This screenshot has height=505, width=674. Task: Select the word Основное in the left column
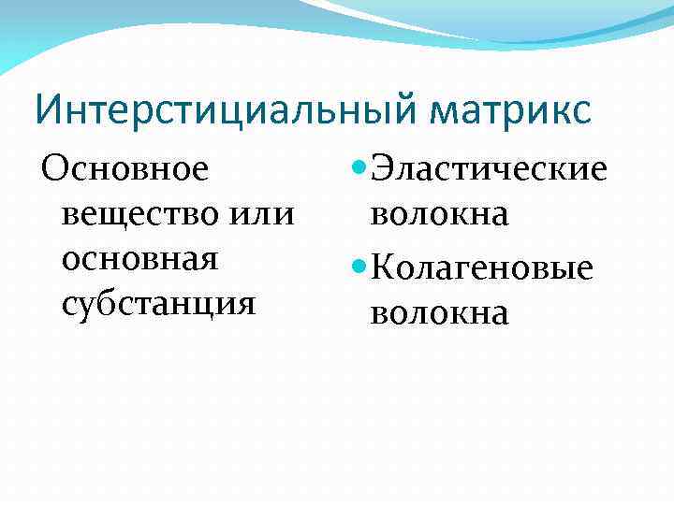124,170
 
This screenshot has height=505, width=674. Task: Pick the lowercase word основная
139,259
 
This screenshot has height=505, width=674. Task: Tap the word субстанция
158,303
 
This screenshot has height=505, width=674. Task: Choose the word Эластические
490,170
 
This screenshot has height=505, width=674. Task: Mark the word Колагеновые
482,268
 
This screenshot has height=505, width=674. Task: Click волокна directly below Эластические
439,215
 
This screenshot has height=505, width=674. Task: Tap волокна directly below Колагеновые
439,313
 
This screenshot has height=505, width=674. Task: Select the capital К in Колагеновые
382,268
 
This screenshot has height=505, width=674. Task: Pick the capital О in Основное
53,170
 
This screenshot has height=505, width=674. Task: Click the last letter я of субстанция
246,305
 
